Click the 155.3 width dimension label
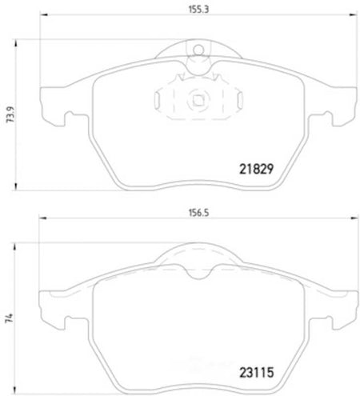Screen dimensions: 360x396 198,10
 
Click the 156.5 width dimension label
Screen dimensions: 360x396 198,213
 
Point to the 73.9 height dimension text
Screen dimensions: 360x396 11,114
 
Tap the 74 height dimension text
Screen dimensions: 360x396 10,318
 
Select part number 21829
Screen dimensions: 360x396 256,169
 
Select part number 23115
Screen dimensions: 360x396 257,372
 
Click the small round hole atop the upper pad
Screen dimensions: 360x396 198,50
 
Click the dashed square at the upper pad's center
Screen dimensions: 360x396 198,100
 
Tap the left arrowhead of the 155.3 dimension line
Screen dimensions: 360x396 43,15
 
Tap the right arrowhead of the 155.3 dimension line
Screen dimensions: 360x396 354,15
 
